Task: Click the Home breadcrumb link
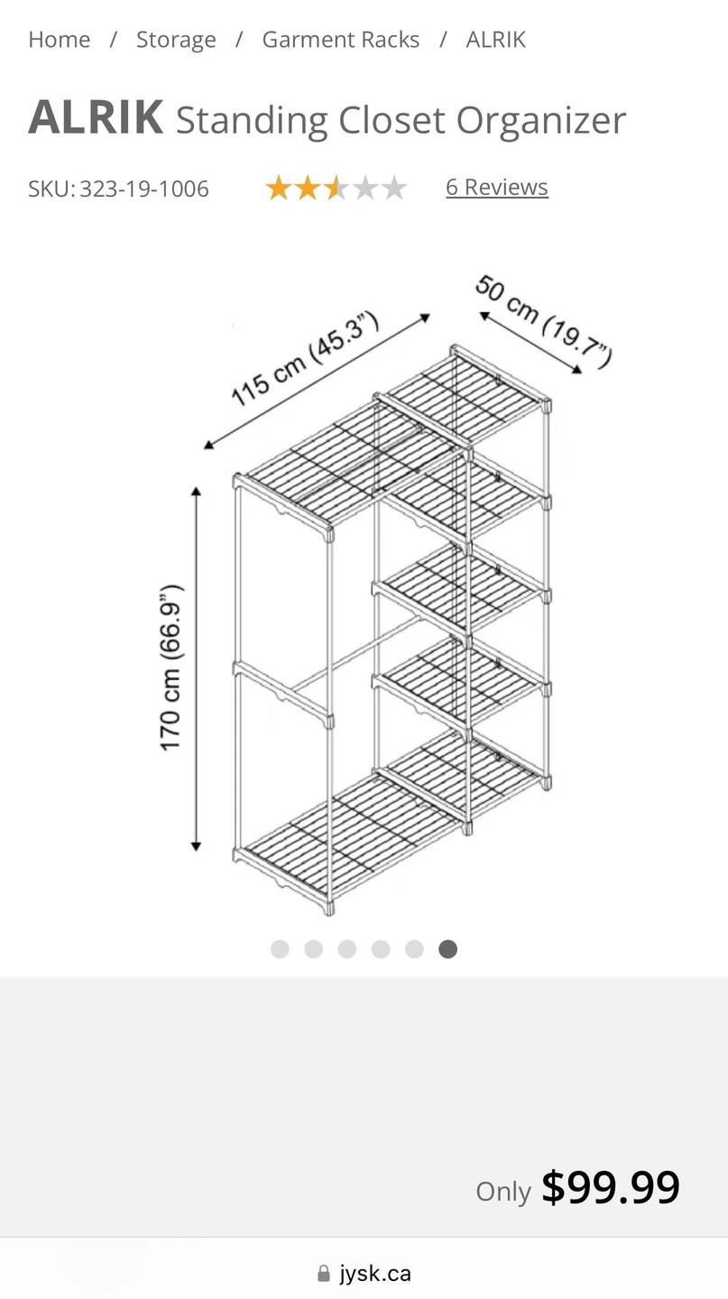pyautogui.click(x=60, y=40)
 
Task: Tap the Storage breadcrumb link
pyautogui.click(x=176, y=40)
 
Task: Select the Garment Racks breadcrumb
pyautogui.click(x=340, y=40)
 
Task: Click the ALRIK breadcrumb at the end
pyautogui.click(x=496, y=40)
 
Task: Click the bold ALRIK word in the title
pyautogui.click(x=96, y=116)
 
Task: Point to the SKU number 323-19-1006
pyautogui.click(x=143, y=189)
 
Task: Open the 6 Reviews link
pyautogui.click(x=497, y=188)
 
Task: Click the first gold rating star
pyautogui.click(x=279, y=188)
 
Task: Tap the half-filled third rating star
pyautogui.click(x=336, y=188)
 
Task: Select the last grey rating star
pyautogui.click(x=394, y=188)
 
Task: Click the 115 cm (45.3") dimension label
pyautogui.click(x=305, y=359)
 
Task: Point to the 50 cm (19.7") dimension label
pyautogui.click(x=544, y=321)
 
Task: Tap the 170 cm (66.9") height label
pyautogui.click(x=171, y=668)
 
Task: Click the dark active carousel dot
pyautogui.click(x=447, y=949)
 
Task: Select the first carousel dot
pyautogui.click(x=281, y=949)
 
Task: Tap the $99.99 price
pyautogui.click(x=610, y=1187)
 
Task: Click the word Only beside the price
pyautogui.click(x=503, y=1192)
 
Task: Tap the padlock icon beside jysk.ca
pyautogui.click(x=324, y=1274)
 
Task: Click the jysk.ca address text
pyautogui.click(x=375, y=1274)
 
